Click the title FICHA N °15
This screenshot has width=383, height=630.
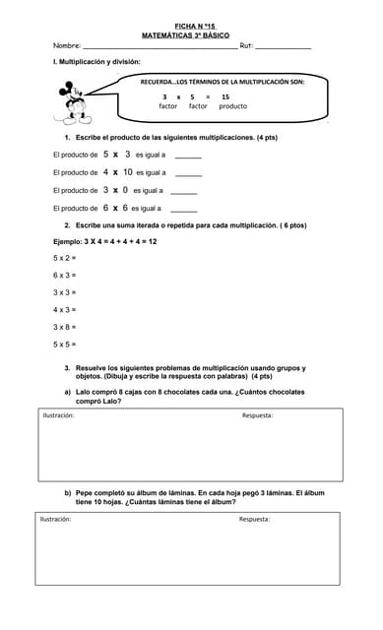pyautogui.click(x=194, y=27)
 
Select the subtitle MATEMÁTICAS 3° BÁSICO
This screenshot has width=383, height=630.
pyautogui.click(x=194, y=34)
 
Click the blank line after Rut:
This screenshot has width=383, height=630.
pyautogui.click(x=284, y=47)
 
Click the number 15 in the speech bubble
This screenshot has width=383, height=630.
pyautogui.click(x=225, y=97)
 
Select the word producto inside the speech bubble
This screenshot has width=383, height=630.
pyautogui.click(x=233, y=106)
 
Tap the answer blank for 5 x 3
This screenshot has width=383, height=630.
pyautogui.click(x=188, y=157)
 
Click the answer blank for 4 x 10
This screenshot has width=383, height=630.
pyautogui.click(x=188, y=174)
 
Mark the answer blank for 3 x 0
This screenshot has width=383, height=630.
pyautogui.click(x=184, y=192)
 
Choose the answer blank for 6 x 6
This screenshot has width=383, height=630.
pyautogui.click(x=184, y=210)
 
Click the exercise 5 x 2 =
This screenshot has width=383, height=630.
pyautogui.click(x=65, y=258)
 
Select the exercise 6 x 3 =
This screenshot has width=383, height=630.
pyautogui.click(x=65, y=276)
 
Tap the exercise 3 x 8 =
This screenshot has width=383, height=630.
pyautogui.click(x=65, y=327)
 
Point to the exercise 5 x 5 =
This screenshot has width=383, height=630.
pyautogui.click(x=65, y=345)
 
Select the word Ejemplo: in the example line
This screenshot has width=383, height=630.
pyautogui.click(x=68, y=241)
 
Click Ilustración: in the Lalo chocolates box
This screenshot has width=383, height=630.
pyautogui.click(x=58, y=415)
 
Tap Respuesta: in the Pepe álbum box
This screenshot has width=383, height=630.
pyautogui.click(x=254, y=519)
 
